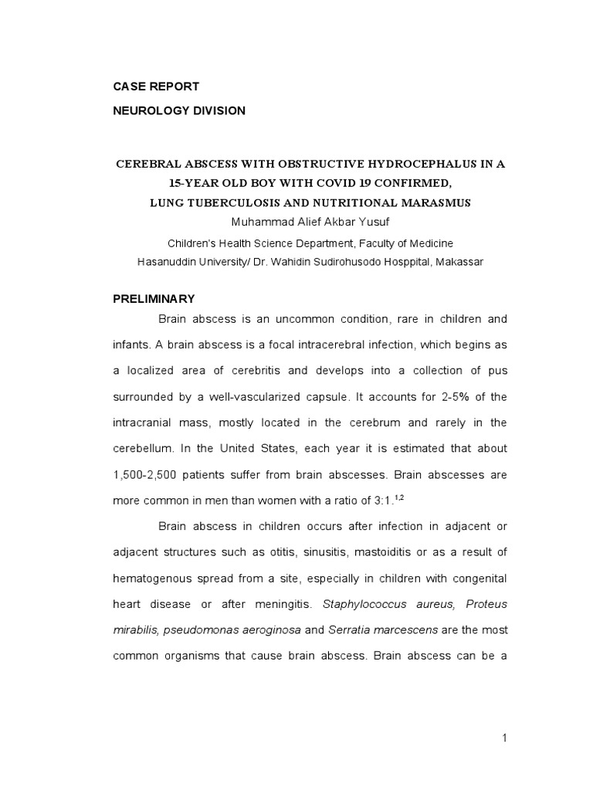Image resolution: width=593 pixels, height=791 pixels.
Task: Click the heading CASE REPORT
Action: coord(156,86)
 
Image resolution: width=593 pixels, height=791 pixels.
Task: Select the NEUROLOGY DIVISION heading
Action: coord(179,110)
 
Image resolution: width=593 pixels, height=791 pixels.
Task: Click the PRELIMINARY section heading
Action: coord(154,298)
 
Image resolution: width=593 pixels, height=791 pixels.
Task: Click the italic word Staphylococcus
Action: coord(368,604)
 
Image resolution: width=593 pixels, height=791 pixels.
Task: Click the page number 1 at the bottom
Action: coord(504,738)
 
